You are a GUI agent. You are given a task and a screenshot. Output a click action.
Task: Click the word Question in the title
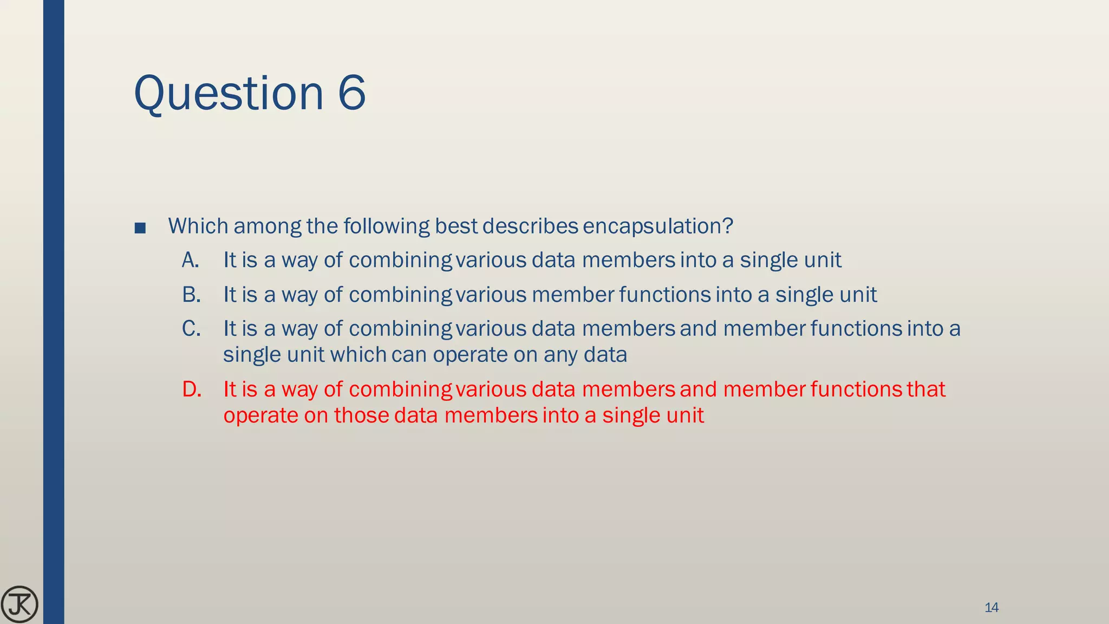[228, 93]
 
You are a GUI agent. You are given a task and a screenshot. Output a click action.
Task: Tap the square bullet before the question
[140, 227]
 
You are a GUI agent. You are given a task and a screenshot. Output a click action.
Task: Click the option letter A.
[190, 261]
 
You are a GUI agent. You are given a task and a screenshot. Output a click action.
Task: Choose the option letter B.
[191, 295]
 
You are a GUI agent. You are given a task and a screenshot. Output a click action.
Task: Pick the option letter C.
[191, 329]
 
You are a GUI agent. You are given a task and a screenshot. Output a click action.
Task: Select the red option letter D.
[192, 389]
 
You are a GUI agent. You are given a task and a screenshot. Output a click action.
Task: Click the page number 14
[991, 607]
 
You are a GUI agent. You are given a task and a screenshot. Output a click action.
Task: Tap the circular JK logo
[19, 604]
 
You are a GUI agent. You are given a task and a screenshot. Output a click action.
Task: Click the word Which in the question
[198, 226]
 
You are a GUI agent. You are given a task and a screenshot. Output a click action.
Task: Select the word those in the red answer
[361, 415]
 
